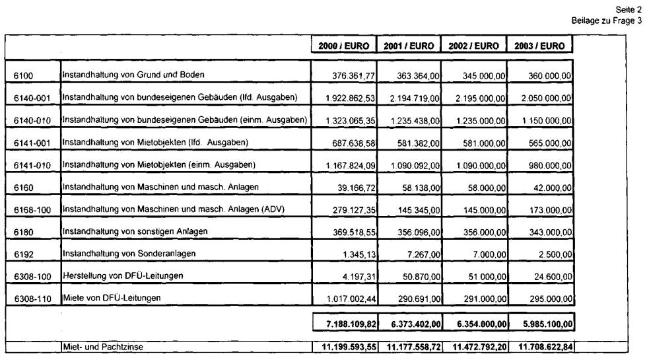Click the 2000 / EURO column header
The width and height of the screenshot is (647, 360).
pos(343,46)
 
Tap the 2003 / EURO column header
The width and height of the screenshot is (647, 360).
pos(539,46)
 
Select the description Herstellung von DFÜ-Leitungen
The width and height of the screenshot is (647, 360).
pos(122,275)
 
